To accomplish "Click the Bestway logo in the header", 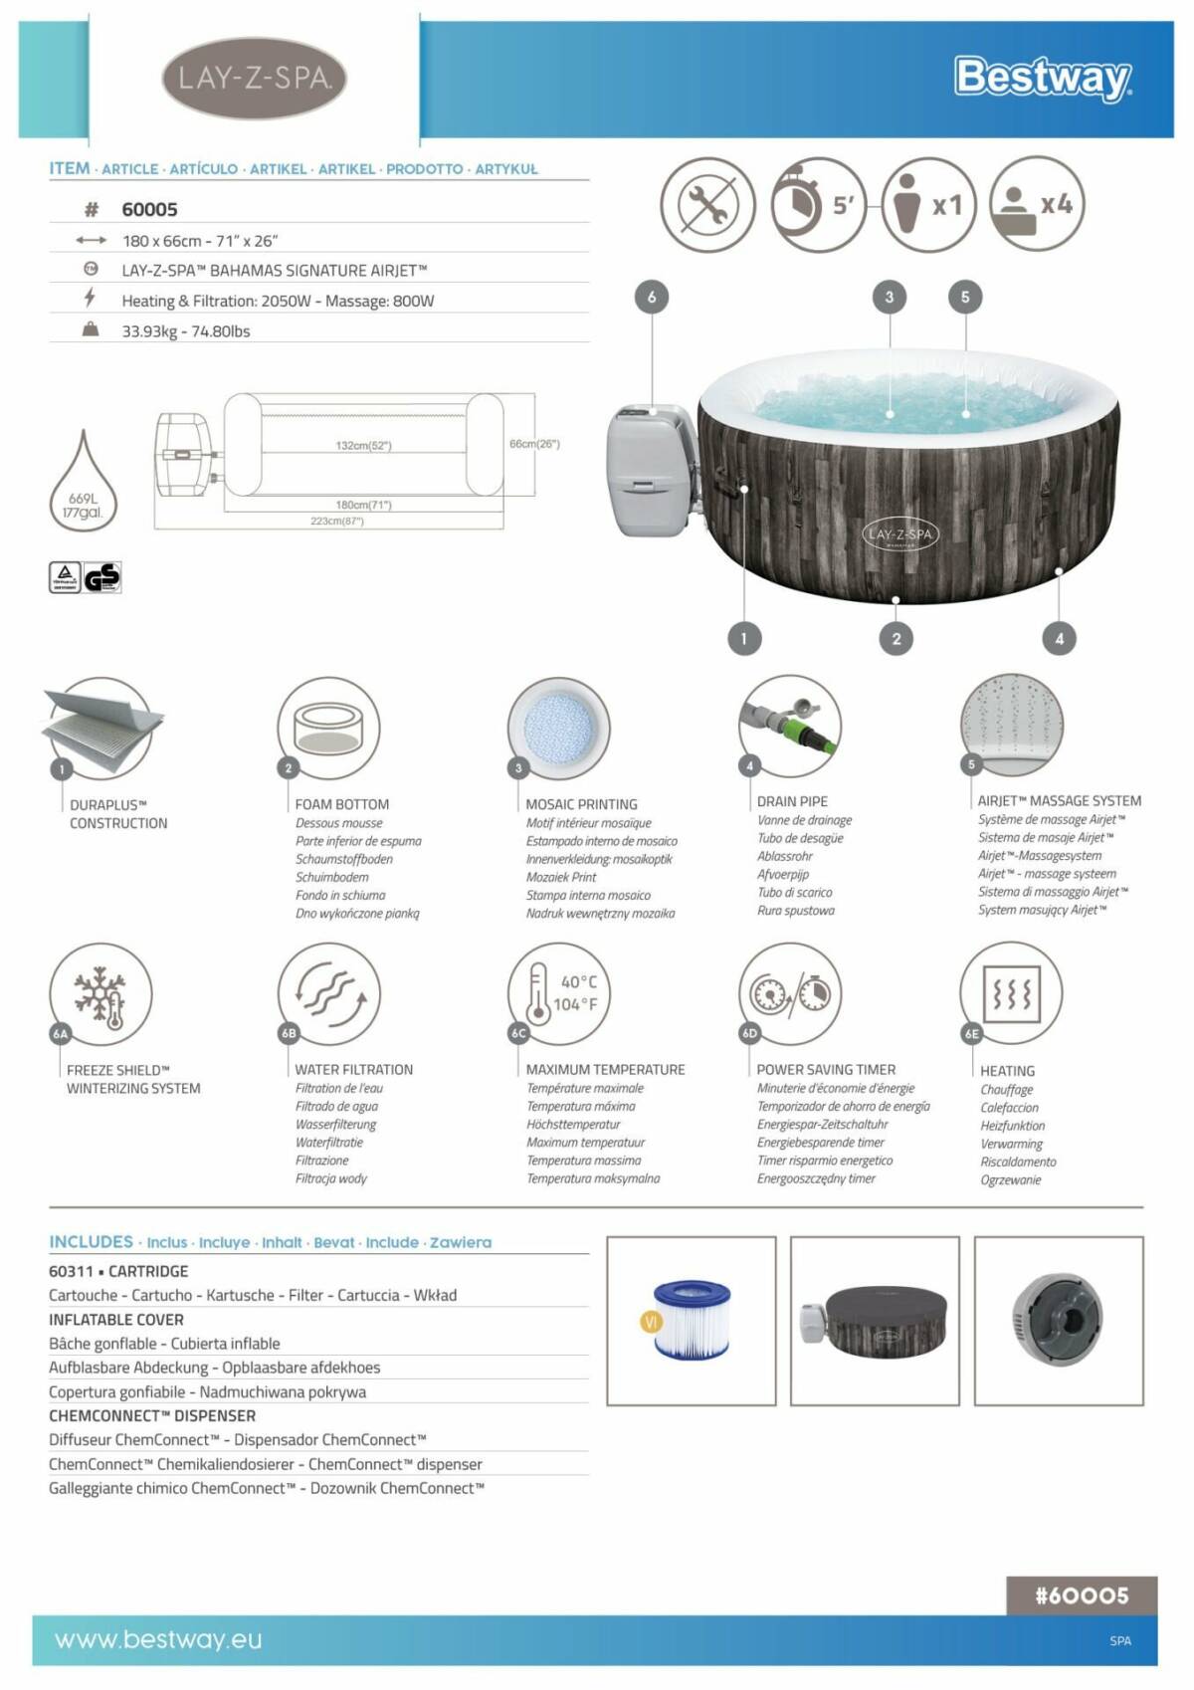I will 1042,78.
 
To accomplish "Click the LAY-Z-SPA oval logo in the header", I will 254,78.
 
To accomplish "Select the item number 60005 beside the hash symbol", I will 149,209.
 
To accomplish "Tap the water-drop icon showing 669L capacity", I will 84,483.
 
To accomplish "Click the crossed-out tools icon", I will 707,205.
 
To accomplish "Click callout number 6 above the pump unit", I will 652,297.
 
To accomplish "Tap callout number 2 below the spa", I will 896,639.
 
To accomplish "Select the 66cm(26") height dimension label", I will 534,444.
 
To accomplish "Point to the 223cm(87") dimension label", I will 337,521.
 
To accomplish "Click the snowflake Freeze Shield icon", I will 100,994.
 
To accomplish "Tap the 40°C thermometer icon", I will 558,993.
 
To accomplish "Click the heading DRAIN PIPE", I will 792,801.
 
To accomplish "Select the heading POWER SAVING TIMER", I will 826,1070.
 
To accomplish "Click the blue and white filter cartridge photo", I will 691,1320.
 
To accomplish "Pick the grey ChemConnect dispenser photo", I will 1058,1320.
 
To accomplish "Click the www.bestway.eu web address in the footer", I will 158,1639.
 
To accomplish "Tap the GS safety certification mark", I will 101,577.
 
